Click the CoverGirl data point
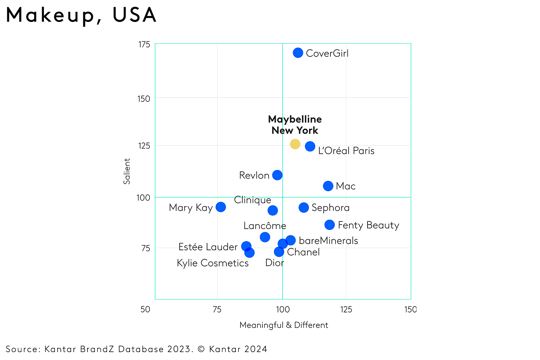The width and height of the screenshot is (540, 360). point(298,53)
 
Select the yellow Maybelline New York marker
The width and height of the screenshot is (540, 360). point(295,144)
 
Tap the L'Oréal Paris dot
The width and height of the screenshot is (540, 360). point(310,146)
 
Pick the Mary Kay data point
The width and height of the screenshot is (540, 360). point(221,207)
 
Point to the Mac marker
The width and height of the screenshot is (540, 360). point(328,186)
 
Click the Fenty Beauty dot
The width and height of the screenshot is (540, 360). point(329,225)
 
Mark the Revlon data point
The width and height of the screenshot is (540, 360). point(277,175)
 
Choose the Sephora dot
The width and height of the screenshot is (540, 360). point(303,207)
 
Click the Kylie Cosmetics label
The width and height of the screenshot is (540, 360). point(212,263)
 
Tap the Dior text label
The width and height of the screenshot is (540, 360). point(274,263)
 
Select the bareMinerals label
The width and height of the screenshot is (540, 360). point(328,240)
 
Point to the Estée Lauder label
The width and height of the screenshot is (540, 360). point(208,247)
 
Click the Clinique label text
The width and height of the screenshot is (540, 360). point(252,200)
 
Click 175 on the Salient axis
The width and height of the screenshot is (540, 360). point(144,44)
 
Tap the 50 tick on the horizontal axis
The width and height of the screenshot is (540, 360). point(145,309)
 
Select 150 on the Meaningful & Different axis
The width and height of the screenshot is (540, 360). point(410,309)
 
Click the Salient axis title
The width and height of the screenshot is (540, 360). point(127,171)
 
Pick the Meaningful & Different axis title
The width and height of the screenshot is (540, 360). point(284,325)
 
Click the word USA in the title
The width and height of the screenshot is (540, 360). point(134,15)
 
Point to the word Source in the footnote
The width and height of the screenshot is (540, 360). point(23,349)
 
